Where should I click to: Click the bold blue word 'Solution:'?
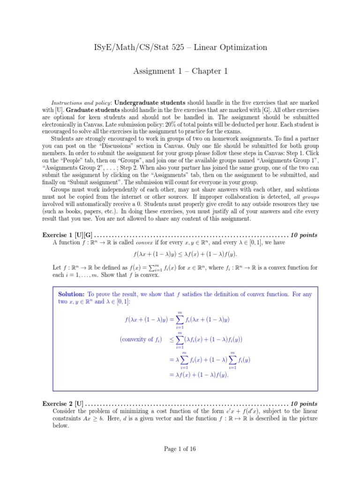pos(71,294)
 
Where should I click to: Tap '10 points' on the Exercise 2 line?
pos(304,404)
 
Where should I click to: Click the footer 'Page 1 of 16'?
pos(180,449)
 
